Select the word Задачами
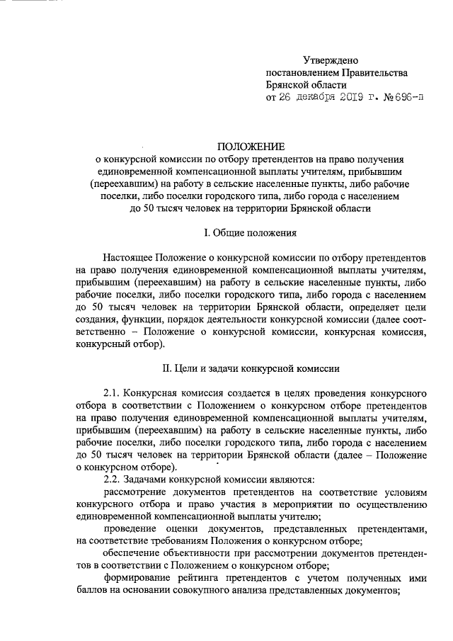pos(150,480)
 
